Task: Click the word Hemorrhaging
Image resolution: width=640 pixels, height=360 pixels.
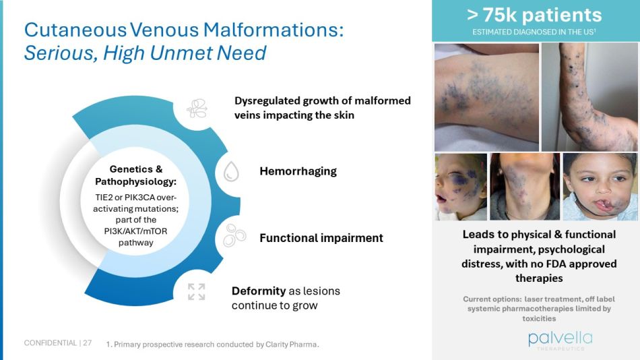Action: point(298,171)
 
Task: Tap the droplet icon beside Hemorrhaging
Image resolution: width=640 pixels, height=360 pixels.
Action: point(232,172)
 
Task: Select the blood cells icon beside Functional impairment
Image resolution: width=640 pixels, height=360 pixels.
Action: point(233,235)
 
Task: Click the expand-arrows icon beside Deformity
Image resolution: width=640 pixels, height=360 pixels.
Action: point(196,292)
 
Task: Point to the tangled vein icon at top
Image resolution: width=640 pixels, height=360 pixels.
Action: point(197,109)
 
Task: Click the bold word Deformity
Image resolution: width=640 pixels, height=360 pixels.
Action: point(258,291)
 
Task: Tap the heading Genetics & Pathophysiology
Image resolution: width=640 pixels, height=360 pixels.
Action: point(136,175)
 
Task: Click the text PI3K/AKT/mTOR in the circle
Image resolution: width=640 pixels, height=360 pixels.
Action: point(136,231)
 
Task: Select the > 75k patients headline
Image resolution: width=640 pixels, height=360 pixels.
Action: point(535,15)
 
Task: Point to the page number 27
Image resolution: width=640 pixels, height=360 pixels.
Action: point(88,343)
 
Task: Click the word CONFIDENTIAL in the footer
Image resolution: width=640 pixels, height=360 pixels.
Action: point(50,343)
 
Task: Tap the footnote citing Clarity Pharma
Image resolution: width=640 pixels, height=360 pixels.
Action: point(212,344)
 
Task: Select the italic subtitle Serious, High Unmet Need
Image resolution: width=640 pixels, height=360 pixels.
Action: point(145,53)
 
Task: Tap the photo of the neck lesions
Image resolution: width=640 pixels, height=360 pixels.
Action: point(524,186)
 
